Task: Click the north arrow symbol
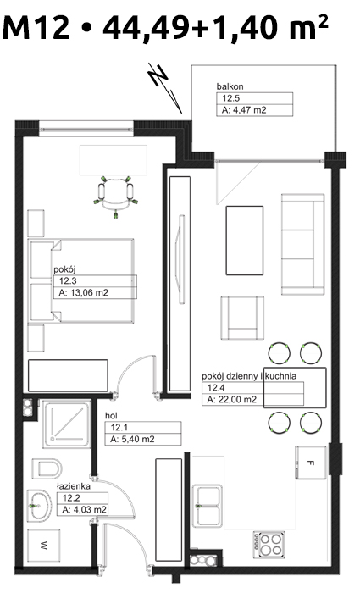(165, 87)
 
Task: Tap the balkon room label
(230, 86)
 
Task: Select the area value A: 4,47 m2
(244, 110)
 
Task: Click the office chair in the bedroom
(115, 196)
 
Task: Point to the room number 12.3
(68, 280)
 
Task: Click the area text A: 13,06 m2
(84, 292)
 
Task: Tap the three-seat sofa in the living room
(303, 244)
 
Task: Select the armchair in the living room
(242, 318)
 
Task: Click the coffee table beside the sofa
(244, 240)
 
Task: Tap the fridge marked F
(311, 463)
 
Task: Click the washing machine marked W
(44, 546)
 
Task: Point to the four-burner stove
(269, 544)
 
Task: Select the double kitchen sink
(207, 506)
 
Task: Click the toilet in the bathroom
(47, 468)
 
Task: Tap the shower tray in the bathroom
(67, 424)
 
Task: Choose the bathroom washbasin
(39, 506)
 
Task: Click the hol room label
(111, 416)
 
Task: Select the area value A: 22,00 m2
(232, 399)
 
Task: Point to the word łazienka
(74, 486)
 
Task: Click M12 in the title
(36, 27)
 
